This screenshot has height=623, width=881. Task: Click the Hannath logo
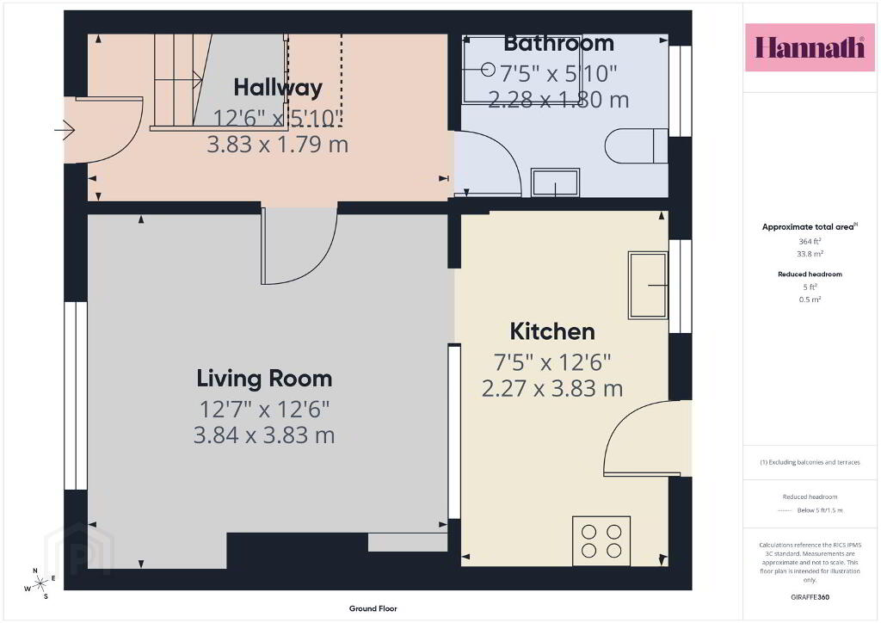coord(810,47)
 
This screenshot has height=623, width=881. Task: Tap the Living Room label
coord(264,379)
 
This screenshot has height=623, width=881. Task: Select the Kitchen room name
coord(552,331)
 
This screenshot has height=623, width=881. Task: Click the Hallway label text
coord(278,88)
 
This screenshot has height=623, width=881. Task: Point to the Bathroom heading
coord(558,43)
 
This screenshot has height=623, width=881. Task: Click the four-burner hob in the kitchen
coord(601,541)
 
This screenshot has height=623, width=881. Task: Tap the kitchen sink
coord(648,286)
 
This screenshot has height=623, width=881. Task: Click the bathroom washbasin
coord(556,182)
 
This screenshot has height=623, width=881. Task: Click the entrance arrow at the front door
coord(65,130)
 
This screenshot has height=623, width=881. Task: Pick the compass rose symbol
coord(40,584)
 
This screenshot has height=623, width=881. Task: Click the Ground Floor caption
coord(373,608)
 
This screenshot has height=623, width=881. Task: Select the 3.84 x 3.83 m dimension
coord(264,435)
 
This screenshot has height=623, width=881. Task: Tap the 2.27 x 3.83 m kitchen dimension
coord(552,389)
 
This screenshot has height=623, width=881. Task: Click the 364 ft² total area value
coord(810,241)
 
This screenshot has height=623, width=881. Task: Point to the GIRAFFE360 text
coord(810,597)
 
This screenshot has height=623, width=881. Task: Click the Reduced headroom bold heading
coord(810,274)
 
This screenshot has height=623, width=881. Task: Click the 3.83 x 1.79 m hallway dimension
coord(278,145)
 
